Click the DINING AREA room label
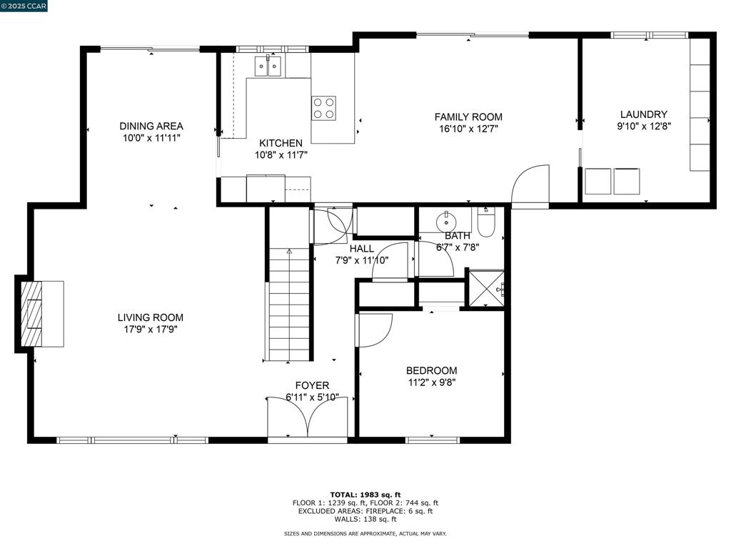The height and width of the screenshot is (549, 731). (151, 126)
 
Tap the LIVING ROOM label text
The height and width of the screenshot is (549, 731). (150, 317)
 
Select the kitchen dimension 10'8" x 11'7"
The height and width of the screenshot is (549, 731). (281, 155)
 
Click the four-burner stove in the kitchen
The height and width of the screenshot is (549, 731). (323, 109)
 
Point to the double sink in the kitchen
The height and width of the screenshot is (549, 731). (268, 66)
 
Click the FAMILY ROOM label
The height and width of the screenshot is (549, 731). (468, 117)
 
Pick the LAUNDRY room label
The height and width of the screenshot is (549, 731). (643, 114)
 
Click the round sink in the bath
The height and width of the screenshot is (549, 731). (446, 222)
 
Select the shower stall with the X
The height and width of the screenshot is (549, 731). (486, 289)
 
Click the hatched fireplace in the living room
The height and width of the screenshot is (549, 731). (31, 314)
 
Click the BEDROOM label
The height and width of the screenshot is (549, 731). (431, 371)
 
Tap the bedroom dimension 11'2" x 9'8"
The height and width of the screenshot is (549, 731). (431, 383)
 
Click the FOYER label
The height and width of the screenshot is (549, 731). (312, 385)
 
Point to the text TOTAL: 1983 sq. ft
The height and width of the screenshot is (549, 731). (365, 495)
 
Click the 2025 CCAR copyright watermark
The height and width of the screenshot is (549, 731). (24, 6)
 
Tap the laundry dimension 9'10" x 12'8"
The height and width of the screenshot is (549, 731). (644, 126)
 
